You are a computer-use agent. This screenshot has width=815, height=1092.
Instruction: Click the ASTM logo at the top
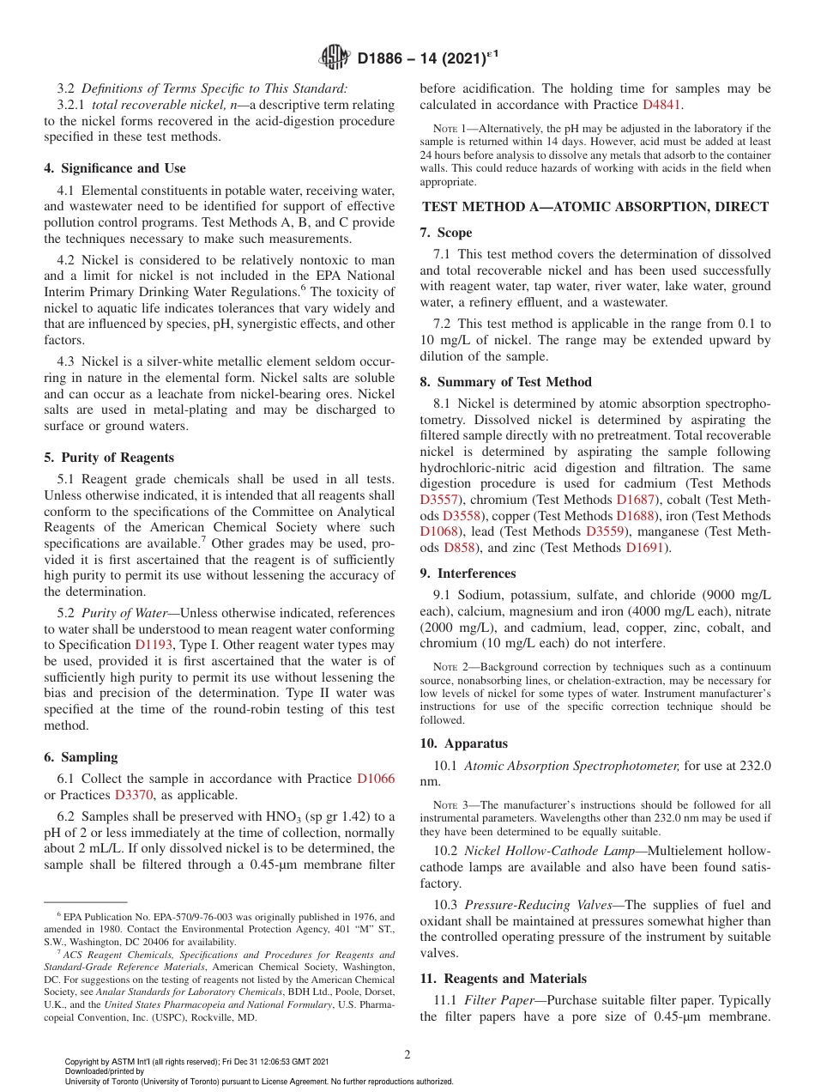334,58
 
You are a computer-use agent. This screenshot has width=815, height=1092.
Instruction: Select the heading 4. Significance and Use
115,168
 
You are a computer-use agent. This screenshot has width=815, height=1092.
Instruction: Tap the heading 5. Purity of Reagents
109,458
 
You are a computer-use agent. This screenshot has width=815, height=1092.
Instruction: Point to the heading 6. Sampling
81,757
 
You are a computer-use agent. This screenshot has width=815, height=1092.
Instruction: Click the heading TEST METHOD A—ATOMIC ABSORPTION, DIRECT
595,206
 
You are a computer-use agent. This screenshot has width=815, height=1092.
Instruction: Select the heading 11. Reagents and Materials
503,979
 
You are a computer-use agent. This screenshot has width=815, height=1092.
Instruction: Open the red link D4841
662,105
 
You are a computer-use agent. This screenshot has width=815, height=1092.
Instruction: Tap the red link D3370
134,795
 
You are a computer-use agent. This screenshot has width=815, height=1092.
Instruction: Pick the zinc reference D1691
644,548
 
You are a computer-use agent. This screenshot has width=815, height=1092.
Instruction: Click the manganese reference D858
462,548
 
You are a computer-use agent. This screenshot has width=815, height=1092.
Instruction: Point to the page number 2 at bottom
407,1054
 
